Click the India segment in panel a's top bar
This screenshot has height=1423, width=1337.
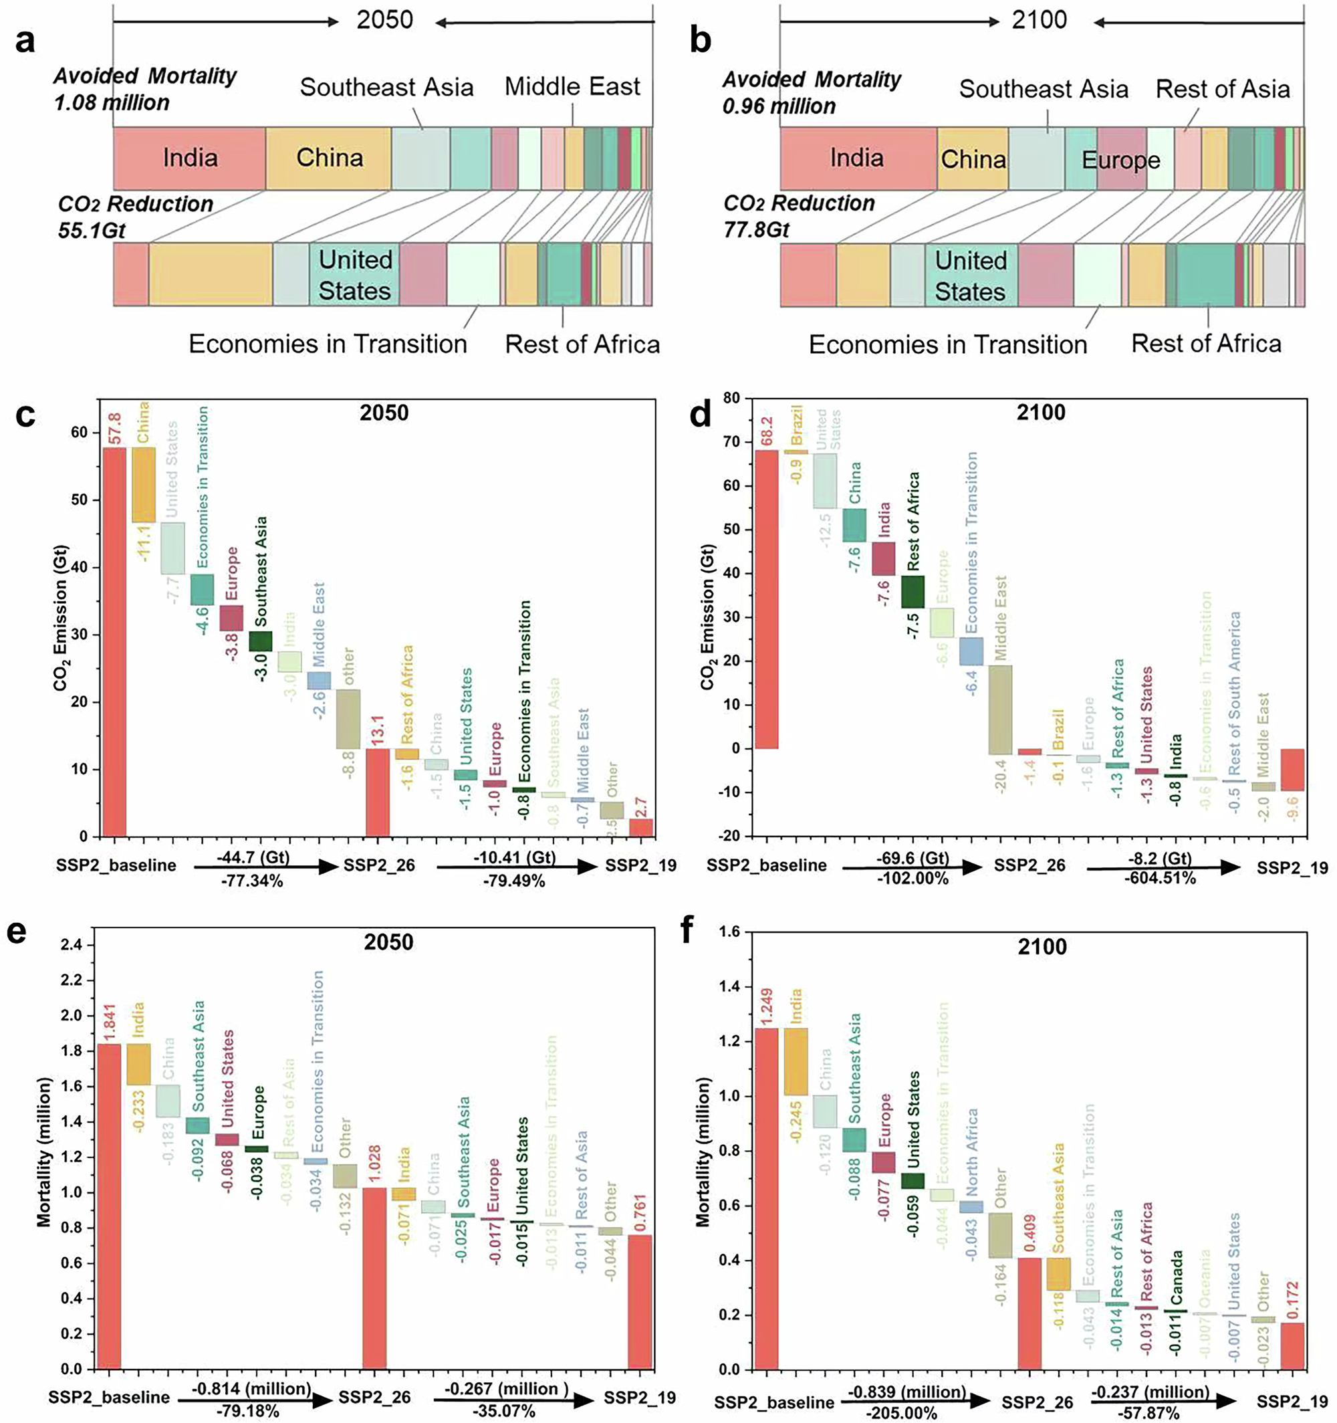point(190,157)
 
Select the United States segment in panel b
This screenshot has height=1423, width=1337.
point(970,276)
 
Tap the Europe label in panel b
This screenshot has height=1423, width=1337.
point(1121,160)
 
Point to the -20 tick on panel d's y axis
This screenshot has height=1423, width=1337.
point(731,837)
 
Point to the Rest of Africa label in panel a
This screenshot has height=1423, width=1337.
point(582,344)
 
